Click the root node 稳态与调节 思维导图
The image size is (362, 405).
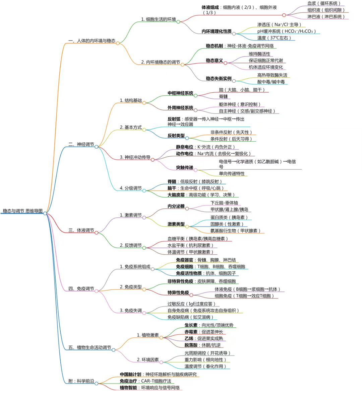pyautogui.click(x=23, y=211)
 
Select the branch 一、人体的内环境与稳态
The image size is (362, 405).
pyautogui.click(x=92, y=41)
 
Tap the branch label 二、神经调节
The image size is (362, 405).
pyautogui.click(x=81, y=144)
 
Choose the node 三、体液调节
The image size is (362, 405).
pyautogui.click(x=81, y=230)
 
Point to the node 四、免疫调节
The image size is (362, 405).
pyautogui.click(x=81, y=289)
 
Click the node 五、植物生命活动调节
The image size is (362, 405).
pyautogui.click(x=89, y=347)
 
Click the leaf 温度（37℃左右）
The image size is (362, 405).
pyautogui.click(x=274, y=38)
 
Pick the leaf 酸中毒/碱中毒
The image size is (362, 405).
pyautogui.click(x=271, y=82)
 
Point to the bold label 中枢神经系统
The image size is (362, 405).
pyautogui.click(x=180, y=93)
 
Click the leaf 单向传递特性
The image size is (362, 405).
pyautogui.click(x=232, y=173)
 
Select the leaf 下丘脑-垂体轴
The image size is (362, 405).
pyautogui.click(x=224, y=203)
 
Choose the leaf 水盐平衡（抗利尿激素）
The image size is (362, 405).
pyautogui.click(x=190, y=245)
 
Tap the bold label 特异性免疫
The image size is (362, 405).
pyautogui.click(x=178, y=293)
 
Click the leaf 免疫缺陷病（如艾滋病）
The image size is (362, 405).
pyautogui.click(x=190, y=317)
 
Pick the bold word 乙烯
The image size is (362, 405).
pyautogui.click(x=189, y=338)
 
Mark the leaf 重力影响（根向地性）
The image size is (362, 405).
pyautogui.click(x=205, y=360)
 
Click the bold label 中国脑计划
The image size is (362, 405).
pyautogui.click(x=130, y=375)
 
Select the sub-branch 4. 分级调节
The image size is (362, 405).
pyautogui.click(x=131, y=188)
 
